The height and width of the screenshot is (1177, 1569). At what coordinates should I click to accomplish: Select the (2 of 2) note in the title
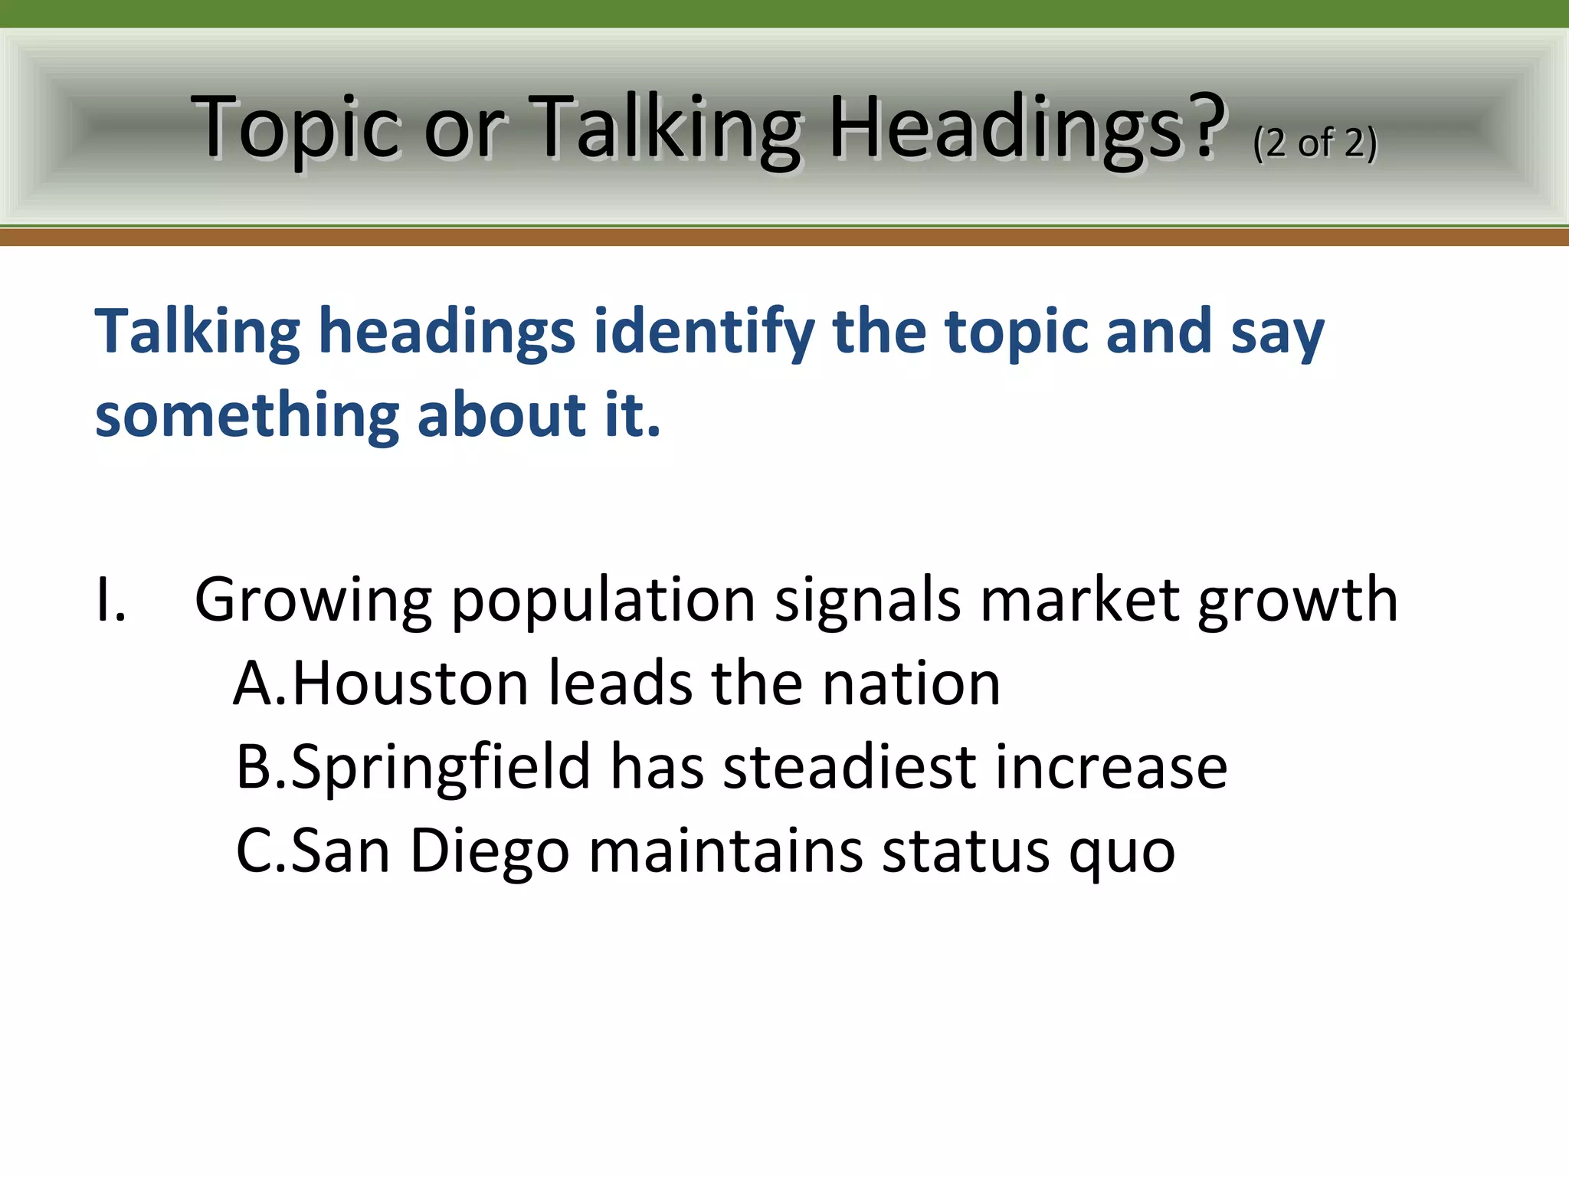click(x=1315, y=143)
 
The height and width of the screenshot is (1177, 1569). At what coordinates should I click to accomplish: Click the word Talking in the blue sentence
click(x=197, y=331)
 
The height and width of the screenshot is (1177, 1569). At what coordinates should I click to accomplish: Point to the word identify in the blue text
click(x=705, y=331)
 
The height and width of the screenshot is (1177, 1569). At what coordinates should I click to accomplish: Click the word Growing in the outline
click(x=313, y=600)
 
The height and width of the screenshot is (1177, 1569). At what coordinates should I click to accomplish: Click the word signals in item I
click(x=867, y=600)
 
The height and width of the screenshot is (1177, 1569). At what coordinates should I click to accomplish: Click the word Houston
click(x=411, y=684)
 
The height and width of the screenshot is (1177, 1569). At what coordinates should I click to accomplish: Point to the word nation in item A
click(x=911, y=684)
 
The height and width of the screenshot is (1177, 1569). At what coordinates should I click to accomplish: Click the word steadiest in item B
click(x=849, y=767)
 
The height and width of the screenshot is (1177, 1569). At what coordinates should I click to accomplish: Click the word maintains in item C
click(x=725, y=851)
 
